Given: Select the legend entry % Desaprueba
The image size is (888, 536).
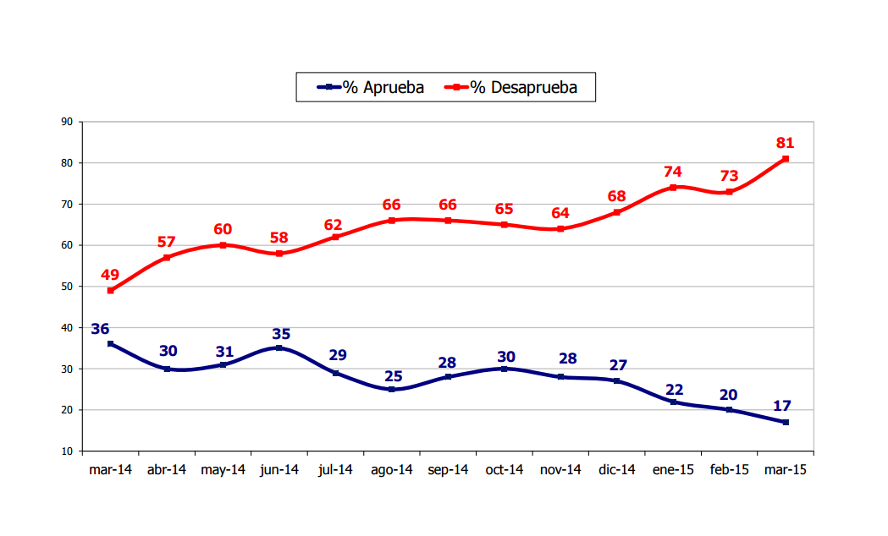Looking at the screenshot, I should (514, 87).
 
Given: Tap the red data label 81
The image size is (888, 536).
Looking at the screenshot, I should (786, 143).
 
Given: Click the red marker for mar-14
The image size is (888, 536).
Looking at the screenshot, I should (110, 291).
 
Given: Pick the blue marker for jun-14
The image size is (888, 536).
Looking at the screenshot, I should (279, 348).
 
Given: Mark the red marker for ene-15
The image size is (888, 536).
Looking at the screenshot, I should (673, 188).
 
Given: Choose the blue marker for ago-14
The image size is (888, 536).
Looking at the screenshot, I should (392, 390).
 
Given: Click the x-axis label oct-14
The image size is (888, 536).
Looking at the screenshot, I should (505, 471).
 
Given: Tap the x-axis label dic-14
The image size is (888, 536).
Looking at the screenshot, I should (617, 471).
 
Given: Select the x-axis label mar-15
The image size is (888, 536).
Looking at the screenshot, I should (786, 471).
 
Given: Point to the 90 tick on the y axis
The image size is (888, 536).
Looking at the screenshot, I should (66, 122).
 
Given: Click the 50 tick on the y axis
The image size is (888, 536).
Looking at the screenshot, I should (66, 287).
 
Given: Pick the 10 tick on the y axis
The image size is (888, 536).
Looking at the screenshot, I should (66, 451).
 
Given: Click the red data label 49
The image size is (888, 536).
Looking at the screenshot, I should (110, 275).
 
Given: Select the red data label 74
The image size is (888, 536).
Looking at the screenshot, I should (673, 172).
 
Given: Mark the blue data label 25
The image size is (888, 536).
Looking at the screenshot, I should (392, 375).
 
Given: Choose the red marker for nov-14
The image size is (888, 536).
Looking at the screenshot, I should (560, 229).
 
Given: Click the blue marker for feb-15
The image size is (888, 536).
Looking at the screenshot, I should (730, 410).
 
